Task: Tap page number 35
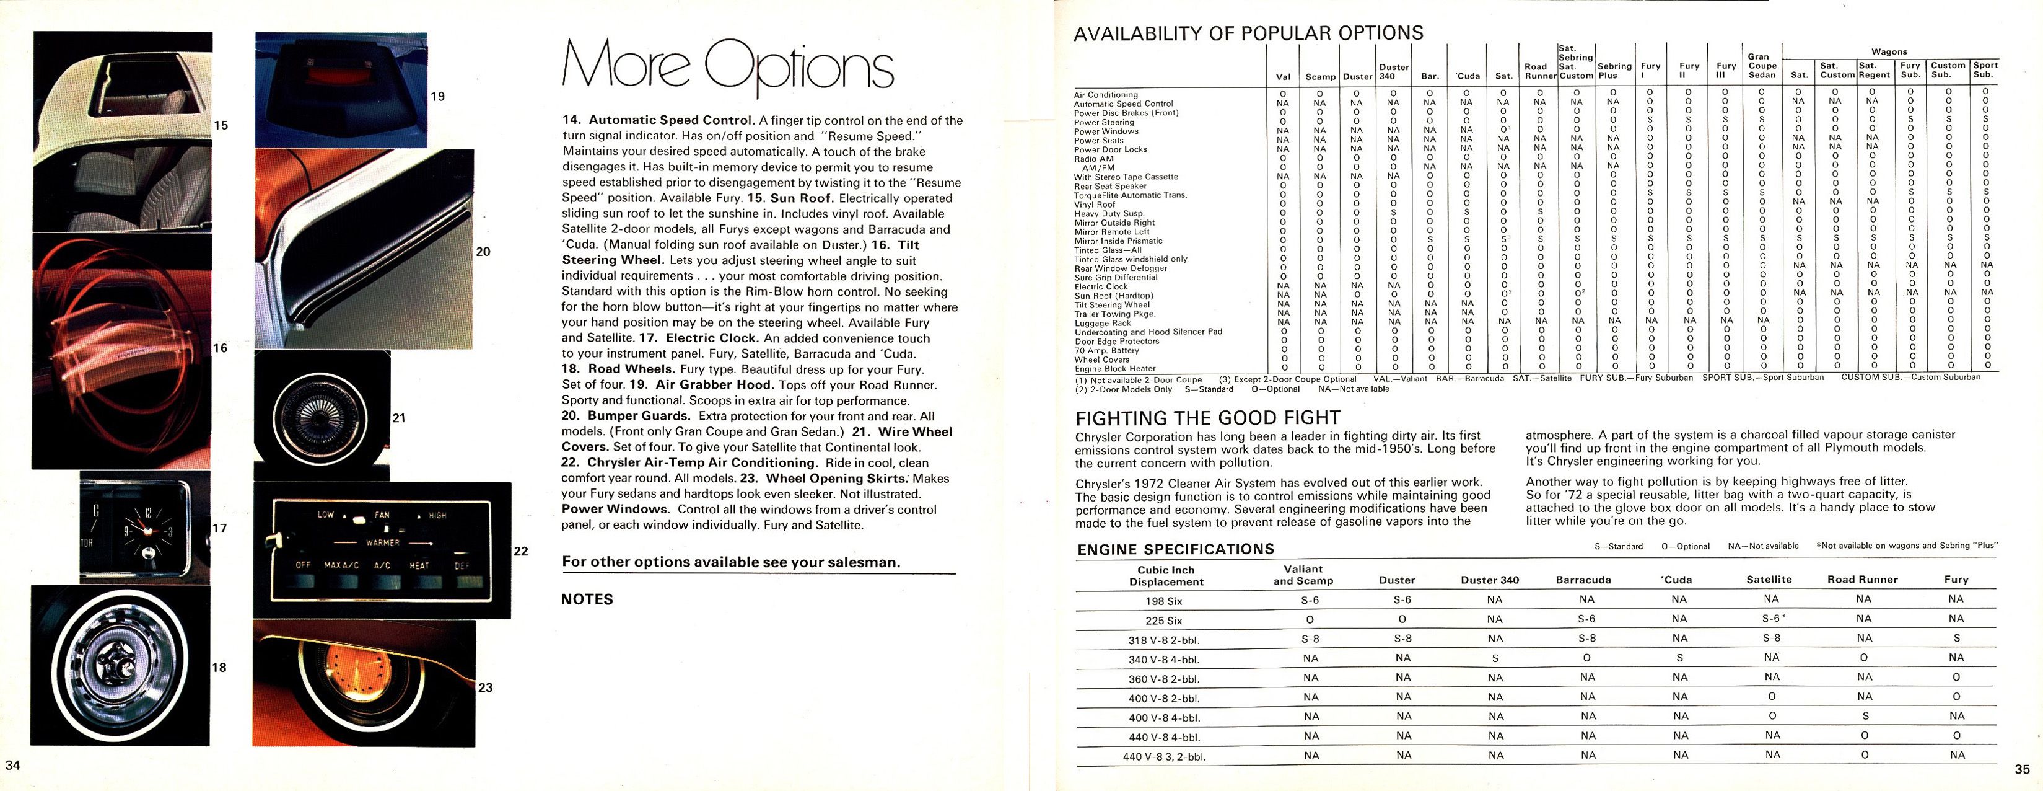pyautogui.click(x=2021, y=769)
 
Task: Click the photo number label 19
pyautogui.click(x=437, y=97)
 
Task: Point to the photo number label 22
pyautogui.click(x=521, y=550)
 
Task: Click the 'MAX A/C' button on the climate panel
pyautogui.click(x=343, y=566)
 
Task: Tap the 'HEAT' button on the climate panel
pyautogui.click(x=419, y=566)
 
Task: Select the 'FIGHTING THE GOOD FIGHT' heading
pyautogui.click(x=1207, y=418)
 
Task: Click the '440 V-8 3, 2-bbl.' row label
pyautogui.click(x=1164, y=757)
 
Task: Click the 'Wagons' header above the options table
pyautogui.click(x=1889, y=51)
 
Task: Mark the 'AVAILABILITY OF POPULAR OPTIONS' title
pyautogui.click(x=1248, y=33)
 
